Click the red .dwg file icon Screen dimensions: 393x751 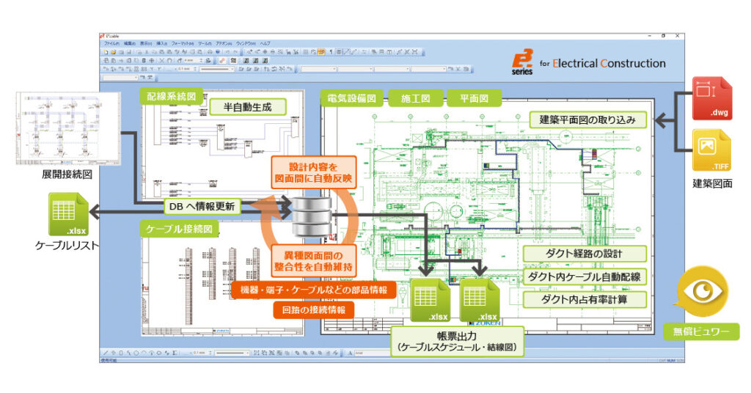click(711, 99)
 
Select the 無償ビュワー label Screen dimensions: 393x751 click(701, 331)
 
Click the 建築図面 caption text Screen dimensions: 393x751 click(712, 183)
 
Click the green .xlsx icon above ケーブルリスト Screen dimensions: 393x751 click(67, 215)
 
